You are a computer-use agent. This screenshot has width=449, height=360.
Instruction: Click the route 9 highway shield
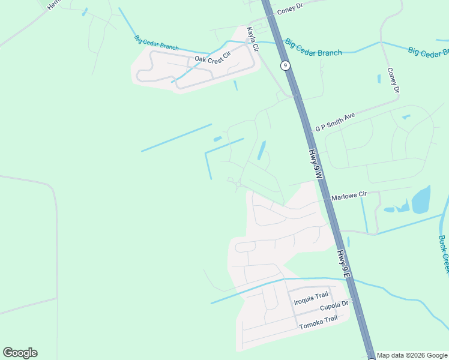[286, 65]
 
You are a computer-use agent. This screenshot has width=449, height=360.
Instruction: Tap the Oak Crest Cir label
[212, 58]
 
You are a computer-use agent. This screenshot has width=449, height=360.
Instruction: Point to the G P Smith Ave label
[336, 121]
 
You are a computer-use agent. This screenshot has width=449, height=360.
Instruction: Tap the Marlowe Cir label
[349, 196]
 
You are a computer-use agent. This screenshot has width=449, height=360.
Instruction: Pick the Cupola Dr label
[334, 306]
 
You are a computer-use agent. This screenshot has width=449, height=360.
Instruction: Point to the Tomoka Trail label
[318, 322]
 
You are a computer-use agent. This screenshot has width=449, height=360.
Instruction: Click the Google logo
[20, 353]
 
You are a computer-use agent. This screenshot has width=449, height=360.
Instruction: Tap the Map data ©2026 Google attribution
[412, 355]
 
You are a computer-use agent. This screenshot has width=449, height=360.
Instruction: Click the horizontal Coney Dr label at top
[292, 11]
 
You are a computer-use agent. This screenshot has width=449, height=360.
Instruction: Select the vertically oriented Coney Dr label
[393, 80]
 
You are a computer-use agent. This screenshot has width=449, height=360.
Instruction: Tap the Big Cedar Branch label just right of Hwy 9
[313, 48]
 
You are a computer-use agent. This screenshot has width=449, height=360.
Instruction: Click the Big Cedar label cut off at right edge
[428, 52]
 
